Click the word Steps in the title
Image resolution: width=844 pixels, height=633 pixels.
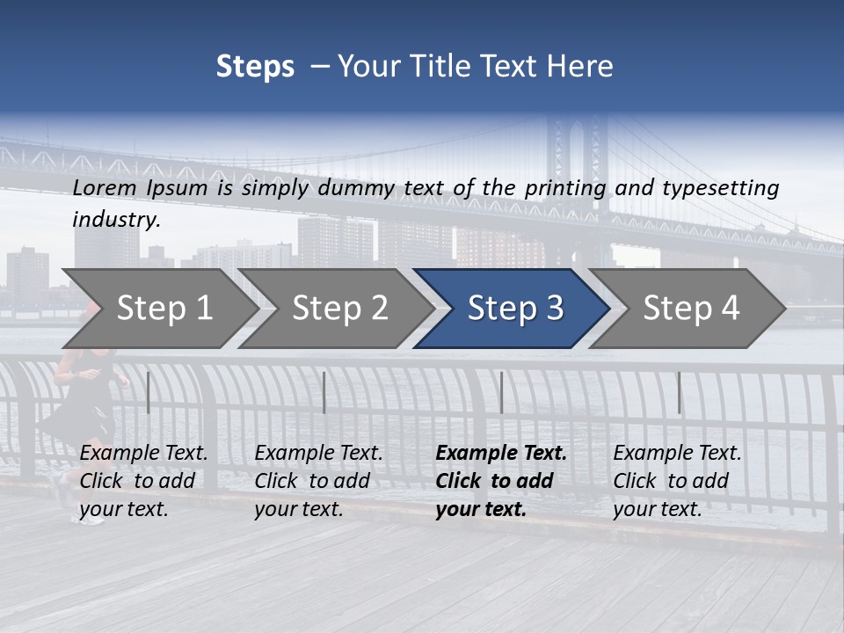click(255, 67)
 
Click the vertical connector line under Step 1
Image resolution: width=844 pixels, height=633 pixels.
click(149, 392)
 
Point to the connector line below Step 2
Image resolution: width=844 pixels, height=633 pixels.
click(324, 392)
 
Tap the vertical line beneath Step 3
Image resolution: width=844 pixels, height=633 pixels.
click(501, 392)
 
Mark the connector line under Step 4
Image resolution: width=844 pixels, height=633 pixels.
click(679, 392)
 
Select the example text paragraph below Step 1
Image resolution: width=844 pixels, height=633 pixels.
click(143, 481)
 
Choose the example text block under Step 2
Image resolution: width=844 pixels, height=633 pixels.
click(318, 481)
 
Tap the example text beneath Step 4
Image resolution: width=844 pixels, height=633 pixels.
click(677, 481)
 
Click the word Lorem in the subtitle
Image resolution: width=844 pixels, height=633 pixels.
click(105, 188)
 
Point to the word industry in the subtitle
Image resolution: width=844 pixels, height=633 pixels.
click(116, 220)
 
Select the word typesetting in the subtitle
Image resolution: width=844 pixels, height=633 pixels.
click(720, 188)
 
